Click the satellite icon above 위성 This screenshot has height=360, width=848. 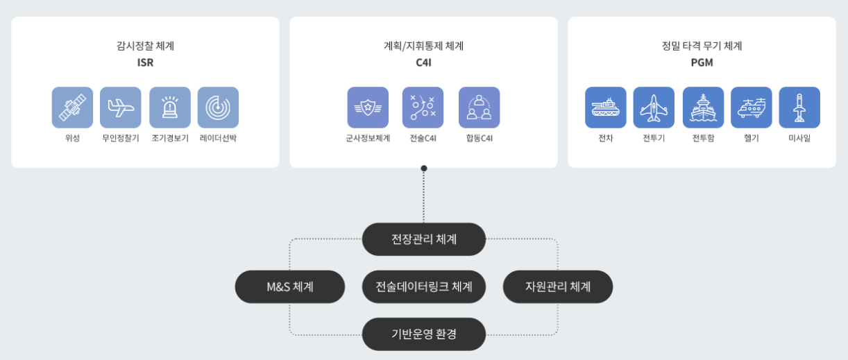tap(72, 108)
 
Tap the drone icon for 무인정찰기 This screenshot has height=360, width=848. tap(121, 108)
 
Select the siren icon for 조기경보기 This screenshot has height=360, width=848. tap(170, 108)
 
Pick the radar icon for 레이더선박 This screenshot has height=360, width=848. tap(218, 108)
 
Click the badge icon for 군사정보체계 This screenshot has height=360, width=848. tap(368, 108)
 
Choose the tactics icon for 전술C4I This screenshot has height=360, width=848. tap(423, 108)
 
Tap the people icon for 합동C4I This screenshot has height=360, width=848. tap(479, 108)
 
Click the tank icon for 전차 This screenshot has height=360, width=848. tap(605, 108)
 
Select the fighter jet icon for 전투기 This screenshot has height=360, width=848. tap(654, 108)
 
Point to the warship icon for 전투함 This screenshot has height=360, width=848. tap(703, 108)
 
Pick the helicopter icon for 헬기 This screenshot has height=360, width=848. tap(752, 108)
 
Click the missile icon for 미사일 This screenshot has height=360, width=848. tap(799, 108)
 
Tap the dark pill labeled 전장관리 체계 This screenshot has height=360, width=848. tap(424, 239)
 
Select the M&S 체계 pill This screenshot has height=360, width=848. tap(290, 286)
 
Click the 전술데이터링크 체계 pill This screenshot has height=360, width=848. tap(424, 286)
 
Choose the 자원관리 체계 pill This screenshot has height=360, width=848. tap(558, 286)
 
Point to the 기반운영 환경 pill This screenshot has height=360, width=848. tap(424, 334)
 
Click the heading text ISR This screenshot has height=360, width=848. tap(145, 62)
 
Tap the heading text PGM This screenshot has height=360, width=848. tap(702, 62)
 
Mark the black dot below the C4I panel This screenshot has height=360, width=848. tap(424, 168)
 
